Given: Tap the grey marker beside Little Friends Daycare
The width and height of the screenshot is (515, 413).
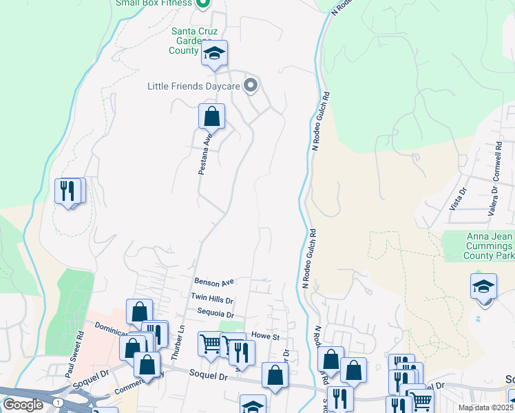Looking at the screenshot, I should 251,86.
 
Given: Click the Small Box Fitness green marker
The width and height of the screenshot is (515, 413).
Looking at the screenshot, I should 202,3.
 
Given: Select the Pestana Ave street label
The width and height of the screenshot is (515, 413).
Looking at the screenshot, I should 204,153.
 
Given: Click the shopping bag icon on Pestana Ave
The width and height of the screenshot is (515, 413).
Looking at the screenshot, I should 211,116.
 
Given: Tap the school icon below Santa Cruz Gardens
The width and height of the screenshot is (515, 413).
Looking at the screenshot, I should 214,54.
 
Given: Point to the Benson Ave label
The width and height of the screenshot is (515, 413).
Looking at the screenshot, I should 214,282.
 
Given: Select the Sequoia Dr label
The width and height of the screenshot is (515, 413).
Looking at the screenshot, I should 211,313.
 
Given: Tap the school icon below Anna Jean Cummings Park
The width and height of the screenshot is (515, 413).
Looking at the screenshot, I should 483,286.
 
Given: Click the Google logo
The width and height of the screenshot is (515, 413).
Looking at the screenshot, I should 23,405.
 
